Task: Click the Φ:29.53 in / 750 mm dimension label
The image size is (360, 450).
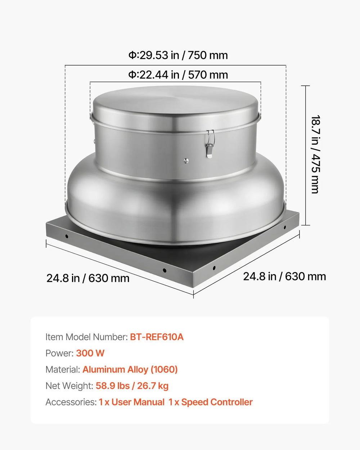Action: click(x=178, y=55)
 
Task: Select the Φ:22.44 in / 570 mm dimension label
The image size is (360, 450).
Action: click(x=178, y=75)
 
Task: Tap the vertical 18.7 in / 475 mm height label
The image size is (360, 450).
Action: click(x=315, y=154)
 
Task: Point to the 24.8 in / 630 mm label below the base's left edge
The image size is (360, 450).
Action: click(x=88, y=278)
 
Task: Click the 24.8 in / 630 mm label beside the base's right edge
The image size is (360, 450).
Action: click(x=284, y=276)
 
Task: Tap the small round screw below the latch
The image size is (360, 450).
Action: click(x=186, y=161)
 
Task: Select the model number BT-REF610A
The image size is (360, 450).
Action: click(x=157, y=337)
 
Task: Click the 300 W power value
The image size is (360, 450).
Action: click(x=90, y=353)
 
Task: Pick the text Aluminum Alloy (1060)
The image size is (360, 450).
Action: click(x=130, y=369)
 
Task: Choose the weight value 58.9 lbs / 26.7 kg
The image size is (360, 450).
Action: click(x=132, y=386)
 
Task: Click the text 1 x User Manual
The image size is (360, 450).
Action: click(x=132, y=402)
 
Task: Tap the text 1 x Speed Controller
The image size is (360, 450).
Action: click(x=211, y=402)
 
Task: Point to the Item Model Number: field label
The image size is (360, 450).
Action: click(x=86, y=337)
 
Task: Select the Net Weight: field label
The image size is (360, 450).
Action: click(x=69, y=386)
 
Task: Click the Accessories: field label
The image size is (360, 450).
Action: click(x=71, y=402)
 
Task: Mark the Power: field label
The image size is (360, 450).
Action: click(x=59, y=353)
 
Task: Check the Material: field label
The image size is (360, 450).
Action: click(x=63, y=369)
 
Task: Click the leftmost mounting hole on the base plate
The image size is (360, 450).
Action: click(x=67, y=236)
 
